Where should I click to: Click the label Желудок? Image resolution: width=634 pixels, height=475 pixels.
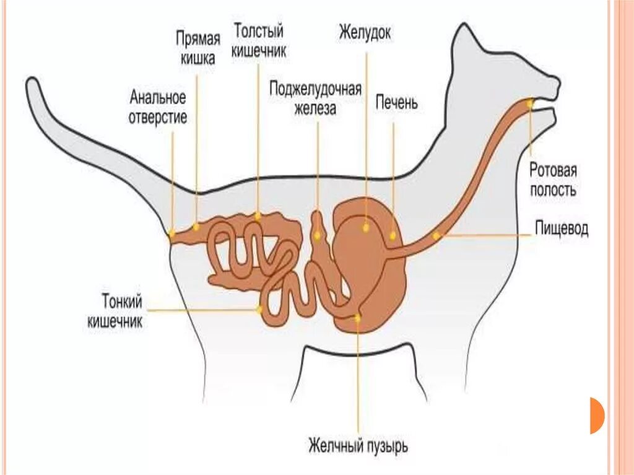pyautogui.click(x=365, y=33)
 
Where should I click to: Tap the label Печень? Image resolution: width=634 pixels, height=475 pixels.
pyautogui.click(x=397, y=102)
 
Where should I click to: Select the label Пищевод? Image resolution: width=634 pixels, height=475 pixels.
pyautogui.click(x=562, y=230)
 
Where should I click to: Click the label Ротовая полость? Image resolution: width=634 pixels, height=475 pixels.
pyautogui.click(x=553, y=180)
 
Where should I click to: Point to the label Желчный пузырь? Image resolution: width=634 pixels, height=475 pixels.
pyautogui.click(x=358, y=445)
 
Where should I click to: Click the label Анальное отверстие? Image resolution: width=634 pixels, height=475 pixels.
pyautogui.click(x=158, y=107)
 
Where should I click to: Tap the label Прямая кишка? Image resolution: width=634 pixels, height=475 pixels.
pyautogui.click(x=197, y=49)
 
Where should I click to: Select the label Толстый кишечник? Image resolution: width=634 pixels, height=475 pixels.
pyautogui.click(x=259, y=41)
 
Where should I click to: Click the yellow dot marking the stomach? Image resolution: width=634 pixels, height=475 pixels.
pyautogui.click(x=365, y=227)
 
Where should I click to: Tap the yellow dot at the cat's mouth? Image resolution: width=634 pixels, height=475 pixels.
pyautogui.click(x=530, y=104)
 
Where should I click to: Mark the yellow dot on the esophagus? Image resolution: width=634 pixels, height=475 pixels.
pyautogui.click(x=436, y=236)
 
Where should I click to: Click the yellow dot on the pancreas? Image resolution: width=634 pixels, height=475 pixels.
pyautogui.click(x=318, y=235)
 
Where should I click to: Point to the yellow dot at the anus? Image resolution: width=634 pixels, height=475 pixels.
pyautogui.click(x=172, y=234)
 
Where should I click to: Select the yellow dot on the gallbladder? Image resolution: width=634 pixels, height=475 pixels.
pyautogui.click(x=357, y=318)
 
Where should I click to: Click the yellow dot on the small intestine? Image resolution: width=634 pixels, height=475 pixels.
pyautogui.click(x=259, y=308)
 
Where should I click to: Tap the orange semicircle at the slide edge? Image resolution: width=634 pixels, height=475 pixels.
pyautogui.click(x=596, y=415)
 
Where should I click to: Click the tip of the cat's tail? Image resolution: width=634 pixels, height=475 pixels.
pyautogui.click(x=32, y=85)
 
